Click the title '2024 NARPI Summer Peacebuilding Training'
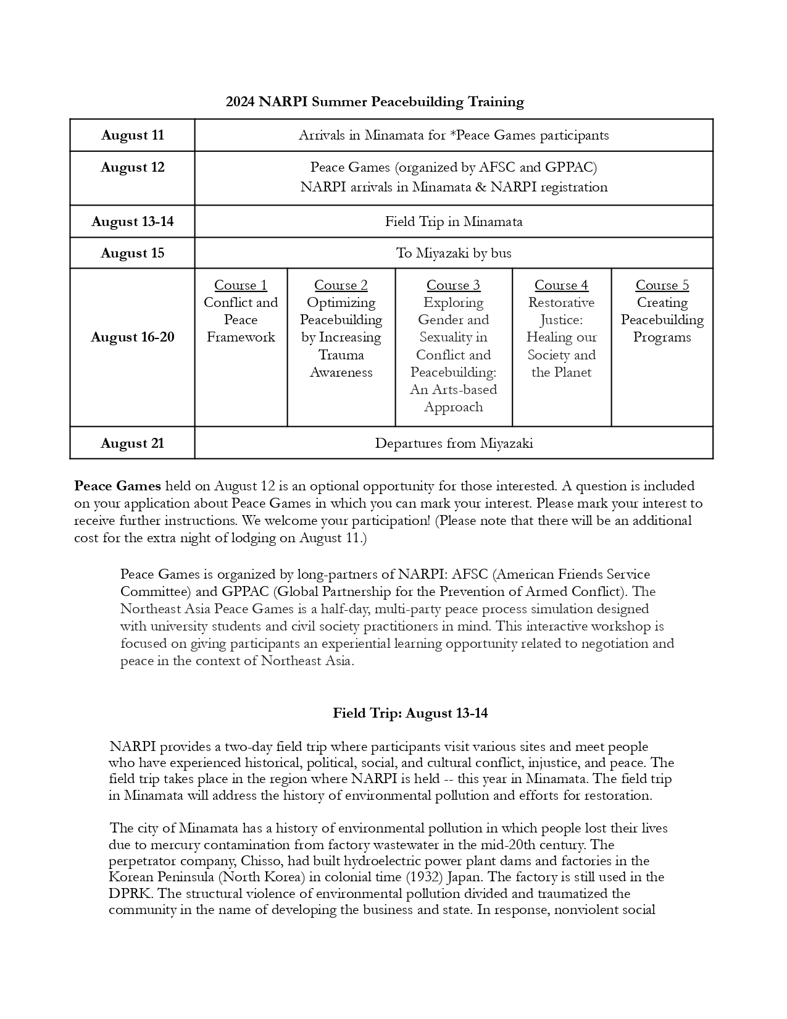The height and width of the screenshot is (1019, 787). coord(375,102)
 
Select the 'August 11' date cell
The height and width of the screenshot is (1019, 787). coord(133,135)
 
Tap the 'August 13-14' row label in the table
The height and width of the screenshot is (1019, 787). coord(133,222)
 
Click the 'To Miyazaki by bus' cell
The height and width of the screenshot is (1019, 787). coord(454,253)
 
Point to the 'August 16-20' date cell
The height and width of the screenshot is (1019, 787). coord(133,337)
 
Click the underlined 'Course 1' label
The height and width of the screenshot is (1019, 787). coord(241,285)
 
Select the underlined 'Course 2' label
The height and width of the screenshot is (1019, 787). coord(341,285)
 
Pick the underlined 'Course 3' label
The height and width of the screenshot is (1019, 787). coord(453,285)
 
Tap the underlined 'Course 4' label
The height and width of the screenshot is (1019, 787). coord(561,285)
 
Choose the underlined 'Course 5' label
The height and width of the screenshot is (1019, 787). coord(662,285)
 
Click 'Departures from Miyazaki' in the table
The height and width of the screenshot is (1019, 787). coord(454,443)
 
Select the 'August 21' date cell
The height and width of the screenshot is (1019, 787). coord(133,443)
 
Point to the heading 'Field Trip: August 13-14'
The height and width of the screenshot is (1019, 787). coord(410,713)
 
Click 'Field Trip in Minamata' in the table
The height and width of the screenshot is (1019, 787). coord(454,222)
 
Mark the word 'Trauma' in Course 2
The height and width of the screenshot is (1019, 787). coord(341,355)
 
